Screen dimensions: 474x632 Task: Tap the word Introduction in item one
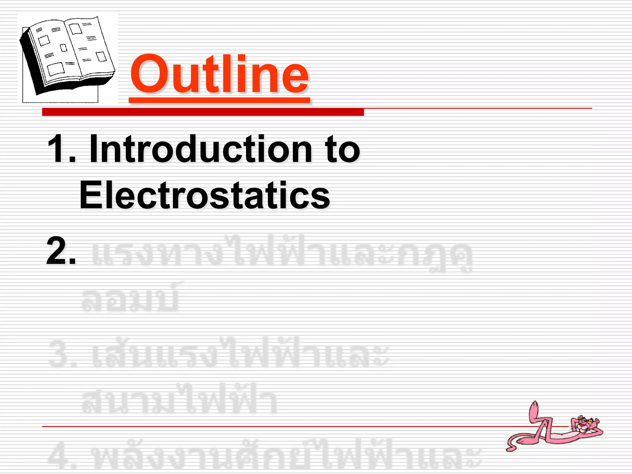coord(201,150)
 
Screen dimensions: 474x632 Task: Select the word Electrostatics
coord(205,195)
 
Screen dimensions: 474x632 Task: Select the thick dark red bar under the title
coord(203,112)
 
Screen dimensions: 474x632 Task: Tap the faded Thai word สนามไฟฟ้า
coord(179,400)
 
